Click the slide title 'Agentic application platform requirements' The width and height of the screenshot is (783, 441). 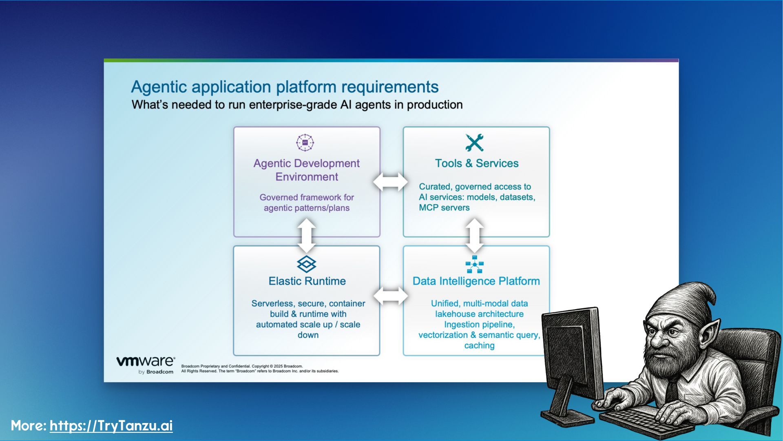tap(285, 87)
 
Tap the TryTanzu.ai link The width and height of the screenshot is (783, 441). tap(111, 425)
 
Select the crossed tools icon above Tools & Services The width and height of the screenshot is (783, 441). tap(475, 143)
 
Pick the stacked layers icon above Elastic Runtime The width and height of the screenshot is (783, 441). tap(307, 264)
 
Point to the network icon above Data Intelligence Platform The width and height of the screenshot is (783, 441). tap(474, 264)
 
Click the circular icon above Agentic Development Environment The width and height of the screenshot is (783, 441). tap(305, 143)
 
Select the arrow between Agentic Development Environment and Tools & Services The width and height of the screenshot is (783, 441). tap(391, 182)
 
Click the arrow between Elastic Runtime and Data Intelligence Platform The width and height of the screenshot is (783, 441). tap(391, 296)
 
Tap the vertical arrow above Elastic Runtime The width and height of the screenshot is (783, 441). tap(307, 236)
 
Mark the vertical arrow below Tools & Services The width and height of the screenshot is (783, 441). tap(474, 236)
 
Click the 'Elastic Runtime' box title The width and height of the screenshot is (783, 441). tap(307, 281)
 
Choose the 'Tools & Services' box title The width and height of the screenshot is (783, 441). tap(476, 163)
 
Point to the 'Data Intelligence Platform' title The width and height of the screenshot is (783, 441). tap(476, 281)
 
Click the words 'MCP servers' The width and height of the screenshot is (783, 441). tap(444, 207)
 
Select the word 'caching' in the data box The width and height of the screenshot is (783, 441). tap(479, 345)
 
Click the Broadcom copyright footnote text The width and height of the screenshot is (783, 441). tap(260, 369)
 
